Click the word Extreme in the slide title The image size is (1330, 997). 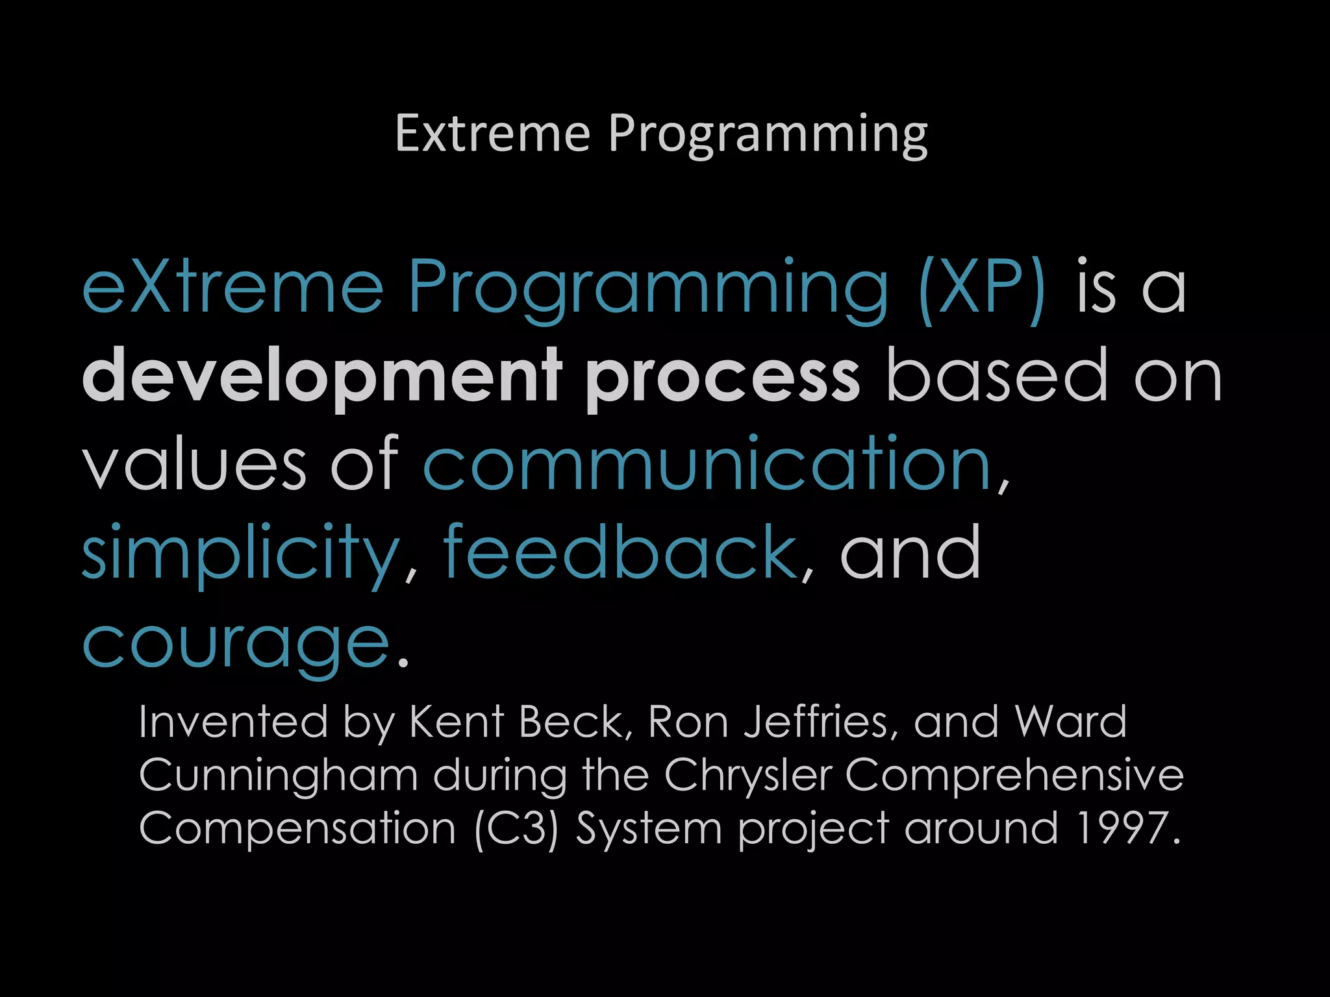(x=492, y=134)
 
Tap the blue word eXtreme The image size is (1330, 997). (x=232, y=287)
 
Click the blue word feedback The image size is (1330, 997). (x=620, y=552)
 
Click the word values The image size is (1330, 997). (x=194, y=464)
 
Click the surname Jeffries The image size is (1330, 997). (x=820, y=722)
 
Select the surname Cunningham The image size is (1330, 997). (x=278, y=776)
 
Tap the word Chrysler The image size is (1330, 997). (x=747, y=776)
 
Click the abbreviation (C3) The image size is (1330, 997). (x=516, y=830)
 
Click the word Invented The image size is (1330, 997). (x=233, y=722)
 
